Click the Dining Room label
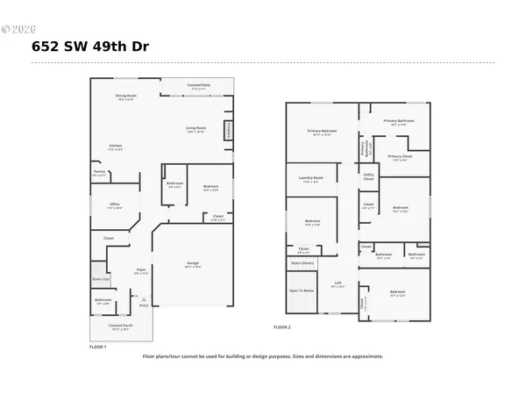(x=126, y=97)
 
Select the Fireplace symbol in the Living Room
(x=229, y=129)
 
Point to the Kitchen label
(x=115, y=147)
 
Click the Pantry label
(x=98, y=174)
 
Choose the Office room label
(x=114, y=206)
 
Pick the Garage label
(x=192, y=263)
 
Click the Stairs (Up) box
(x=101, y=280)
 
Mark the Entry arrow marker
(x=143, y=303)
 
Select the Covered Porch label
(x=120, y=327)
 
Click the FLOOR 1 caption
(x=97, y=348)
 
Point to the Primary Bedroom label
(x=322, y=132)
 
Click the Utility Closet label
(x=368, y=177)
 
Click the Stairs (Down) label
(x=302, y=262)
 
